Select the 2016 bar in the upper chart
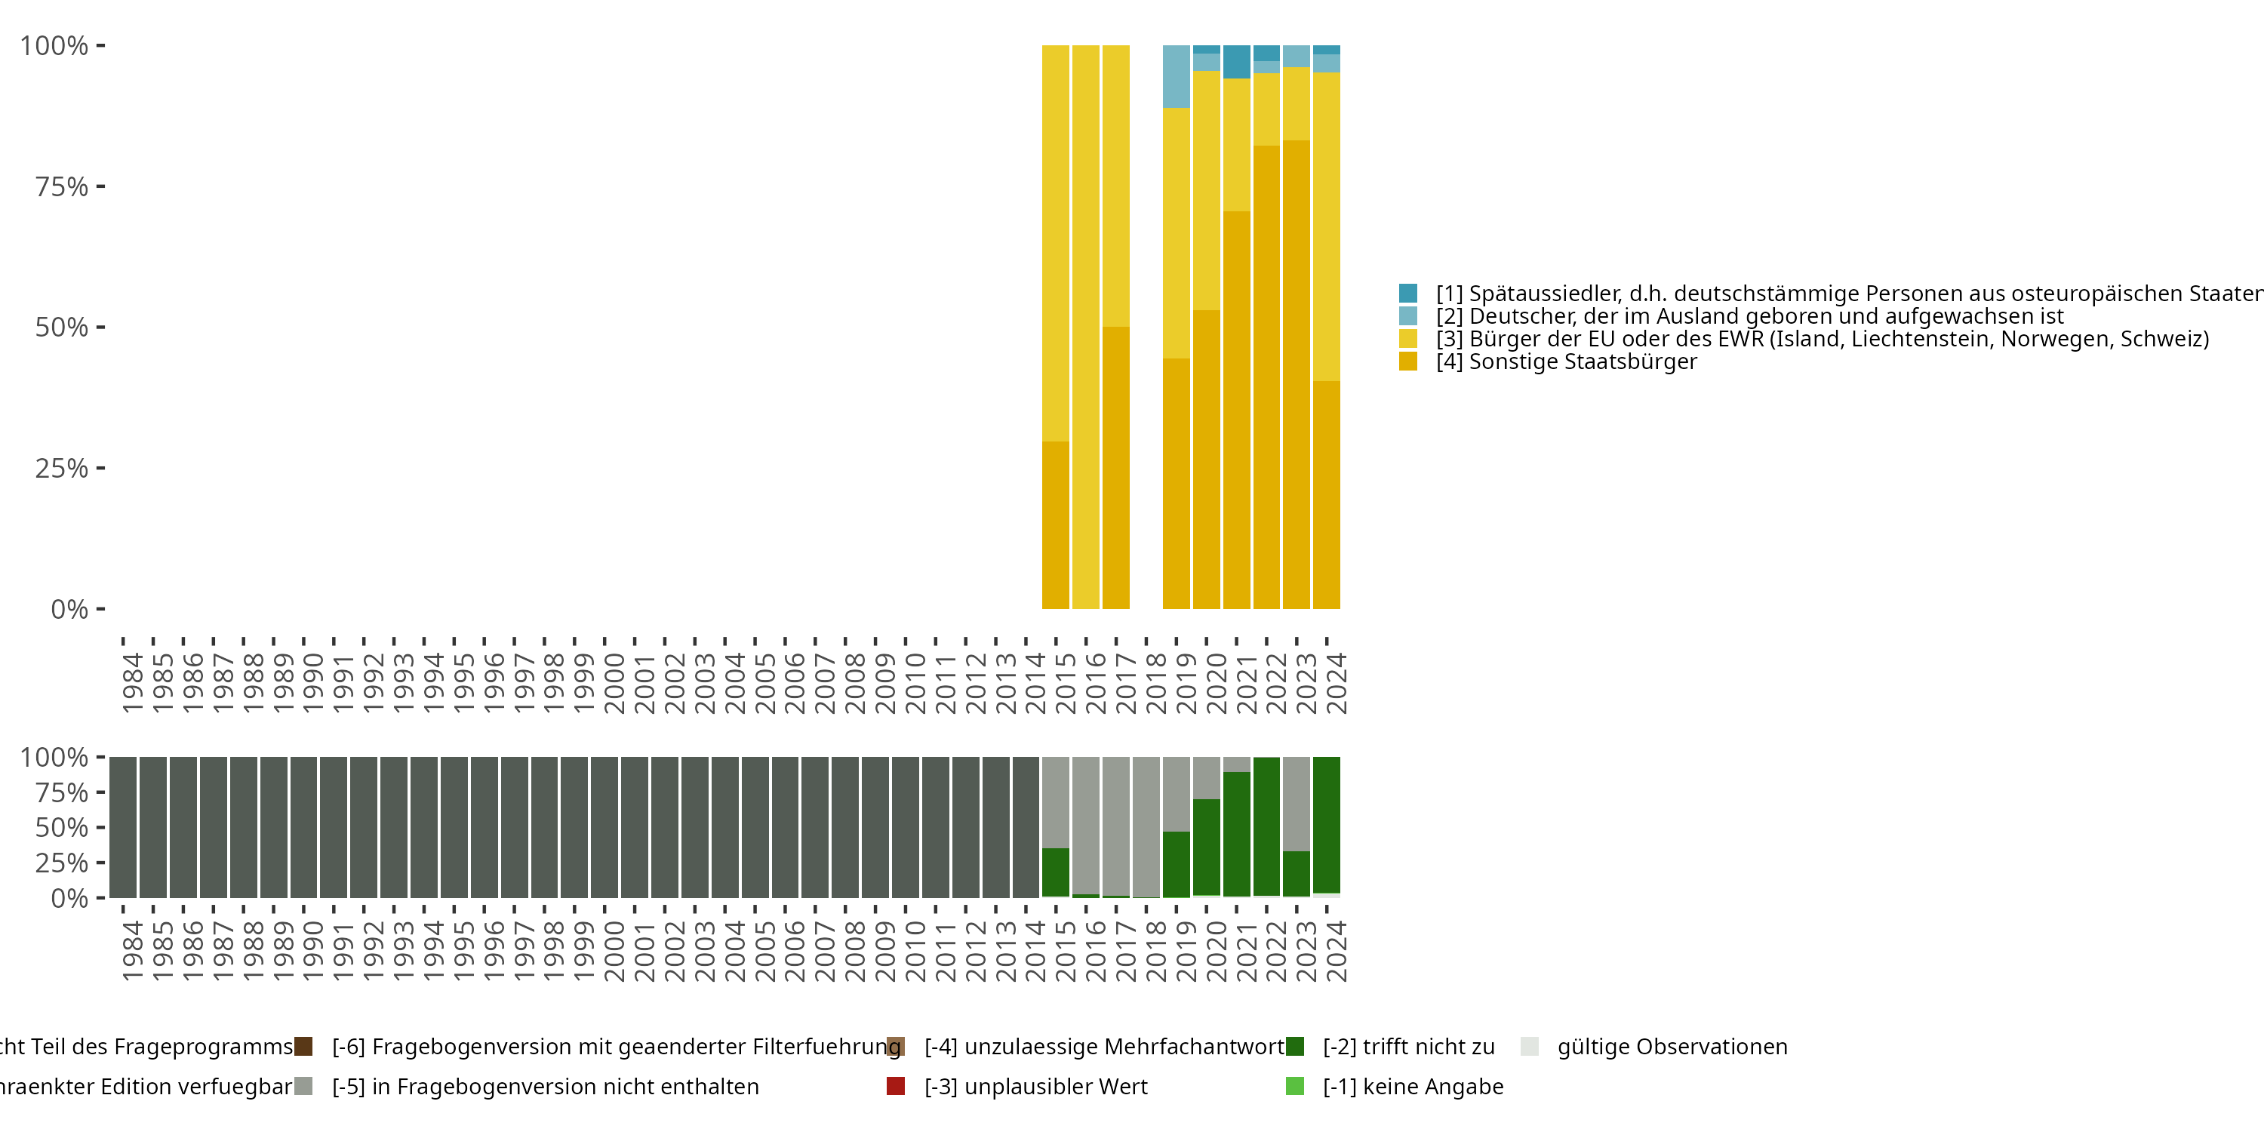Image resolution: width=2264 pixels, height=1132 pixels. click(x=1085, y=327)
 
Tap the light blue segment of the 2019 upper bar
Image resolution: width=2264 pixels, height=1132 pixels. click(x=1176, y=76)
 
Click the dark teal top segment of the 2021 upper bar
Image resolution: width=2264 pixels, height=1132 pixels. click(x=1237, y=62)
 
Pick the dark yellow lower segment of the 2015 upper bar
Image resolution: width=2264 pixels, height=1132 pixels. click(x=1056, y=524)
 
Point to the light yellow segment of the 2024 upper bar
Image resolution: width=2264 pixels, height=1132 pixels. click(x=1326, y=226)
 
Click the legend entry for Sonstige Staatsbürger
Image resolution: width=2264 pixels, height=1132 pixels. click(x=1565, y=361)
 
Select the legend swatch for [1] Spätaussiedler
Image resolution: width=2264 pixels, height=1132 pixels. click(x=1408, y=294)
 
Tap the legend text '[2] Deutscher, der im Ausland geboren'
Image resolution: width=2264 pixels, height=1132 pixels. click(x=1749, y=316)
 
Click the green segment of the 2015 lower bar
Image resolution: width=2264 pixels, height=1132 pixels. click(x=1056, y=872)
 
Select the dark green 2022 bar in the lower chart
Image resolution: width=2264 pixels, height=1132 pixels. click(x=1266, y=826)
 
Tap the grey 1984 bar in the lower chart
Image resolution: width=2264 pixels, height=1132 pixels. click(x=123, y=826)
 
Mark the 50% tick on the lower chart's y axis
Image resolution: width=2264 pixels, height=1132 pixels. click(x=62, y=827)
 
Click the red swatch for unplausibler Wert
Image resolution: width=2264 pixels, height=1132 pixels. click(x=896, y=1086)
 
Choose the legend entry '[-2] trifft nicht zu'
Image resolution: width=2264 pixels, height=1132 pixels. click(x=1408, y=1047)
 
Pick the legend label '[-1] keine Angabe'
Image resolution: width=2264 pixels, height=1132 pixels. click(x=1413, y=1086)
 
